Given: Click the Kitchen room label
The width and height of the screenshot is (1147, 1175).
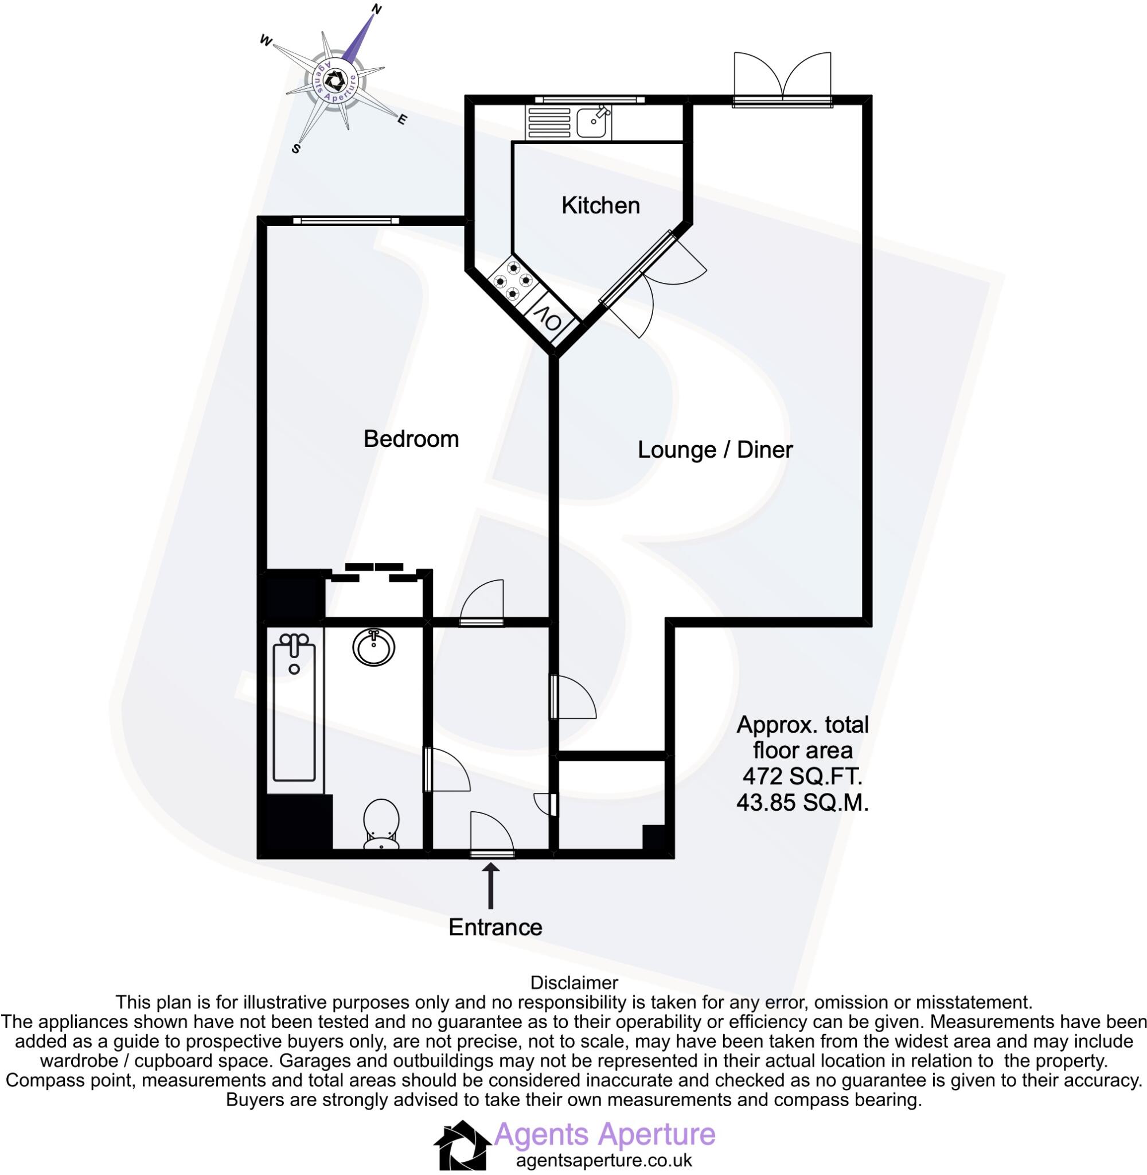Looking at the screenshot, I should click(x=600, y=205).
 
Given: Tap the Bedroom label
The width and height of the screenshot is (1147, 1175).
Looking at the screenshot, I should click(x=411, y=439).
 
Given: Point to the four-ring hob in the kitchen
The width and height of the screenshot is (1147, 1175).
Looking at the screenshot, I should click(x=512, y=279).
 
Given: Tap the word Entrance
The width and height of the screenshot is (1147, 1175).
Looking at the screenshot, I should click(x=495, y=927).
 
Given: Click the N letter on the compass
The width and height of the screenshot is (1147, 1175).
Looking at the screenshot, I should click(x=378, y=9).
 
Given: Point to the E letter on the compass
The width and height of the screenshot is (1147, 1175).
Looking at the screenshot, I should click(x=402, y=119).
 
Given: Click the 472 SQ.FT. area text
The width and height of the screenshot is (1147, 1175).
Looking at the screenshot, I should click(x=802, y=777).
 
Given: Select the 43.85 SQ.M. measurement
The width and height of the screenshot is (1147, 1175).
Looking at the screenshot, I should click(x=802, y=803).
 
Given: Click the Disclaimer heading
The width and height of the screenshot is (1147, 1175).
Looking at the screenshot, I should click(x=573, y=983).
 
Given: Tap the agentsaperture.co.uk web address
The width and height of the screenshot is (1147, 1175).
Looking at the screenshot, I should click(x=604, y=1161).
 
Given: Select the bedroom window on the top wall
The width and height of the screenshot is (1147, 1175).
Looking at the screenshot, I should click(x=346, y=220).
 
